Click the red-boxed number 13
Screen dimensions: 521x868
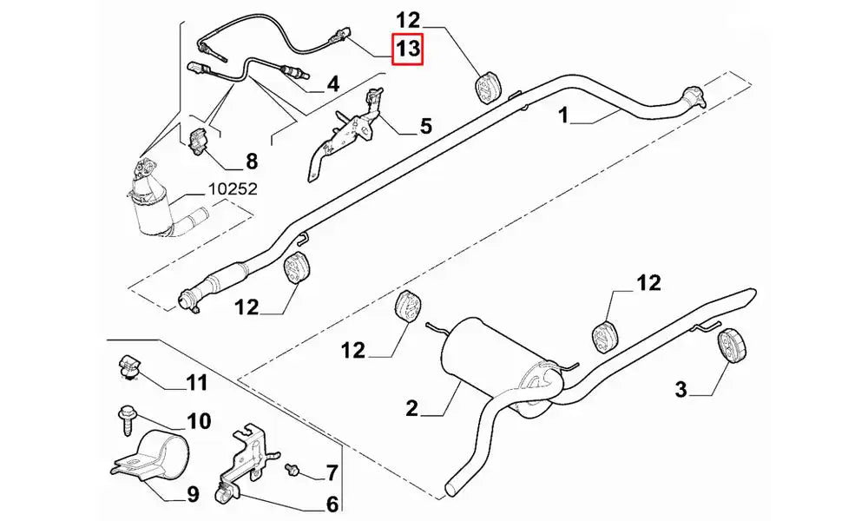tap(408, 50)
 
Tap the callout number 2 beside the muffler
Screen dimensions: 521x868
tap(412, 407)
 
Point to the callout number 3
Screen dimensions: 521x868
tap(681, 390)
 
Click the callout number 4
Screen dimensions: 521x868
tap(332, 84)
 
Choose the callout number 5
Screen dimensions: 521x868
tap(425, 127)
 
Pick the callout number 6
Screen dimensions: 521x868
tap(332, 503)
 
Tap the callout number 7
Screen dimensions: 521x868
tap(331, 474)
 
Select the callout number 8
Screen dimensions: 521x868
tap(252, 161)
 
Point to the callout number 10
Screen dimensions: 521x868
tap(199, 422)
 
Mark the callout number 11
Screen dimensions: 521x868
tap(196, 382)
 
